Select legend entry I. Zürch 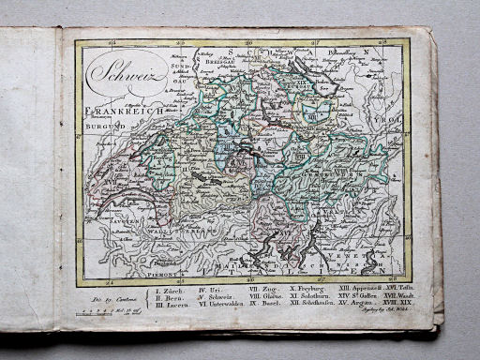(169, 291)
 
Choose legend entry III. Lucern (172, 306)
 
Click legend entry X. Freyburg (307, 290)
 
